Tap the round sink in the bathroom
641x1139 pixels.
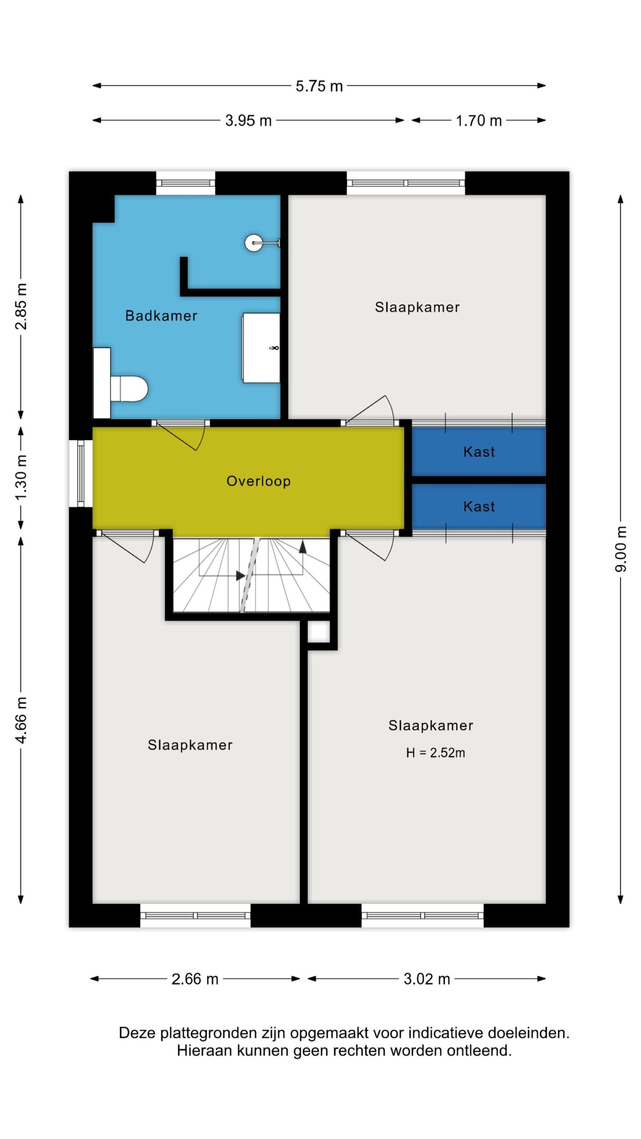pyautogui.click(x=253, y=242)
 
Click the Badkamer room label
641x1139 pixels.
pyautogui.click(x=161, y=315)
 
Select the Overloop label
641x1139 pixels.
pyautogui.click(x=259, y=481)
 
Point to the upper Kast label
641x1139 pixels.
pyautogui.click(x=479, y=452)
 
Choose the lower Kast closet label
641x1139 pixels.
pyautogui.click(x=479, y=506)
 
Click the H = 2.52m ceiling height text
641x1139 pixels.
pyautogui.click(x=435, y=753)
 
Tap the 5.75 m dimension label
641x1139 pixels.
pyautogui.click(x=319, y=86)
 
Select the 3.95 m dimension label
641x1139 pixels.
pyautogui.click(x=248, y=121)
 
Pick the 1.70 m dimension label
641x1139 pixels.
pyautogui.click(x=479, y=121)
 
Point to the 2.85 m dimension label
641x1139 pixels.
pyautogui.click(x=21, y=306)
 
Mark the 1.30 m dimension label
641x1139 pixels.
pyautogui.click(x=21, y=477)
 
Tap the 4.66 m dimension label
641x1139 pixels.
pyautogui.click(x=21, y=720)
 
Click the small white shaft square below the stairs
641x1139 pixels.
pyautogui.click(x=319, y=631)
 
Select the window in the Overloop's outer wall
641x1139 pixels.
pyautogui.click(x=81, y=473)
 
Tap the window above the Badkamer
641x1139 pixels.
pyautogui.click(x=186, y=183)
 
